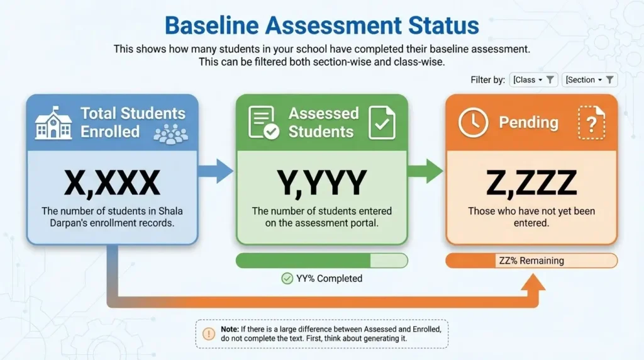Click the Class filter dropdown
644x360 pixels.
click(533, 80)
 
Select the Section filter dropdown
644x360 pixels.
click(589, 80)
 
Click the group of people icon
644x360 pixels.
click(170, 133)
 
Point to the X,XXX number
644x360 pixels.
click(112, 183)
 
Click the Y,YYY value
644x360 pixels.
click(321, 183)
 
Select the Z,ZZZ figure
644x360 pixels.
click(531, 183)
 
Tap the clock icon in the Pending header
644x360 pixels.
click(473, 122)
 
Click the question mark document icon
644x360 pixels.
click(591, 123)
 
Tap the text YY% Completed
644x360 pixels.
click(329, 278)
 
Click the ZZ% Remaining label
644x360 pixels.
click(531, 261)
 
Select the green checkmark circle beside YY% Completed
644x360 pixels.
click(287, 278)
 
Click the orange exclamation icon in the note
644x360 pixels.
click(209, 334)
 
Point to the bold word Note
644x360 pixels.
click(230, 329)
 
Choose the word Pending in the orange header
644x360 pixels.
click(528, 122)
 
